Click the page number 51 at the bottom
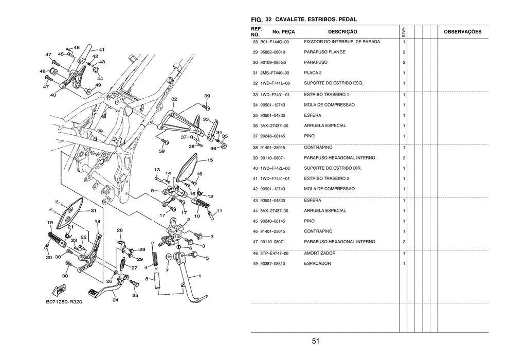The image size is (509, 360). [x=316, y=341]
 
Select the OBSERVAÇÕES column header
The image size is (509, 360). [x=462, y=32]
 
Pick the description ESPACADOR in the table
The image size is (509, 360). [x=317, y=263]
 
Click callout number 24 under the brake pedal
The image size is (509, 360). [x=115, y=300]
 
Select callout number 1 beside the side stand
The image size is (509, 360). [x=199, y=276]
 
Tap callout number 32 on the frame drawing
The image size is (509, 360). [x=174, y=99]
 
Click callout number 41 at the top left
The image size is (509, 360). [x=102, y=50]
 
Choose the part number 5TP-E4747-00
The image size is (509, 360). [x=275, y=253]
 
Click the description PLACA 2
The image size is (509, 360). [x=313, y=73]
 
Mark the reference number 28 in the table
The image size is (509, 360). [x=256, y=42]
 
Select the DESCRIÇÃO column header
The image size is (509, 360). [x=339, y=32]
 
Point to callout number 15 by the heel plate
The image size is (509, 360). [x=210, y=160]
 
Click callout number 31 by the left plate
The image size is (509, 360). [x=94, y=211]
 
